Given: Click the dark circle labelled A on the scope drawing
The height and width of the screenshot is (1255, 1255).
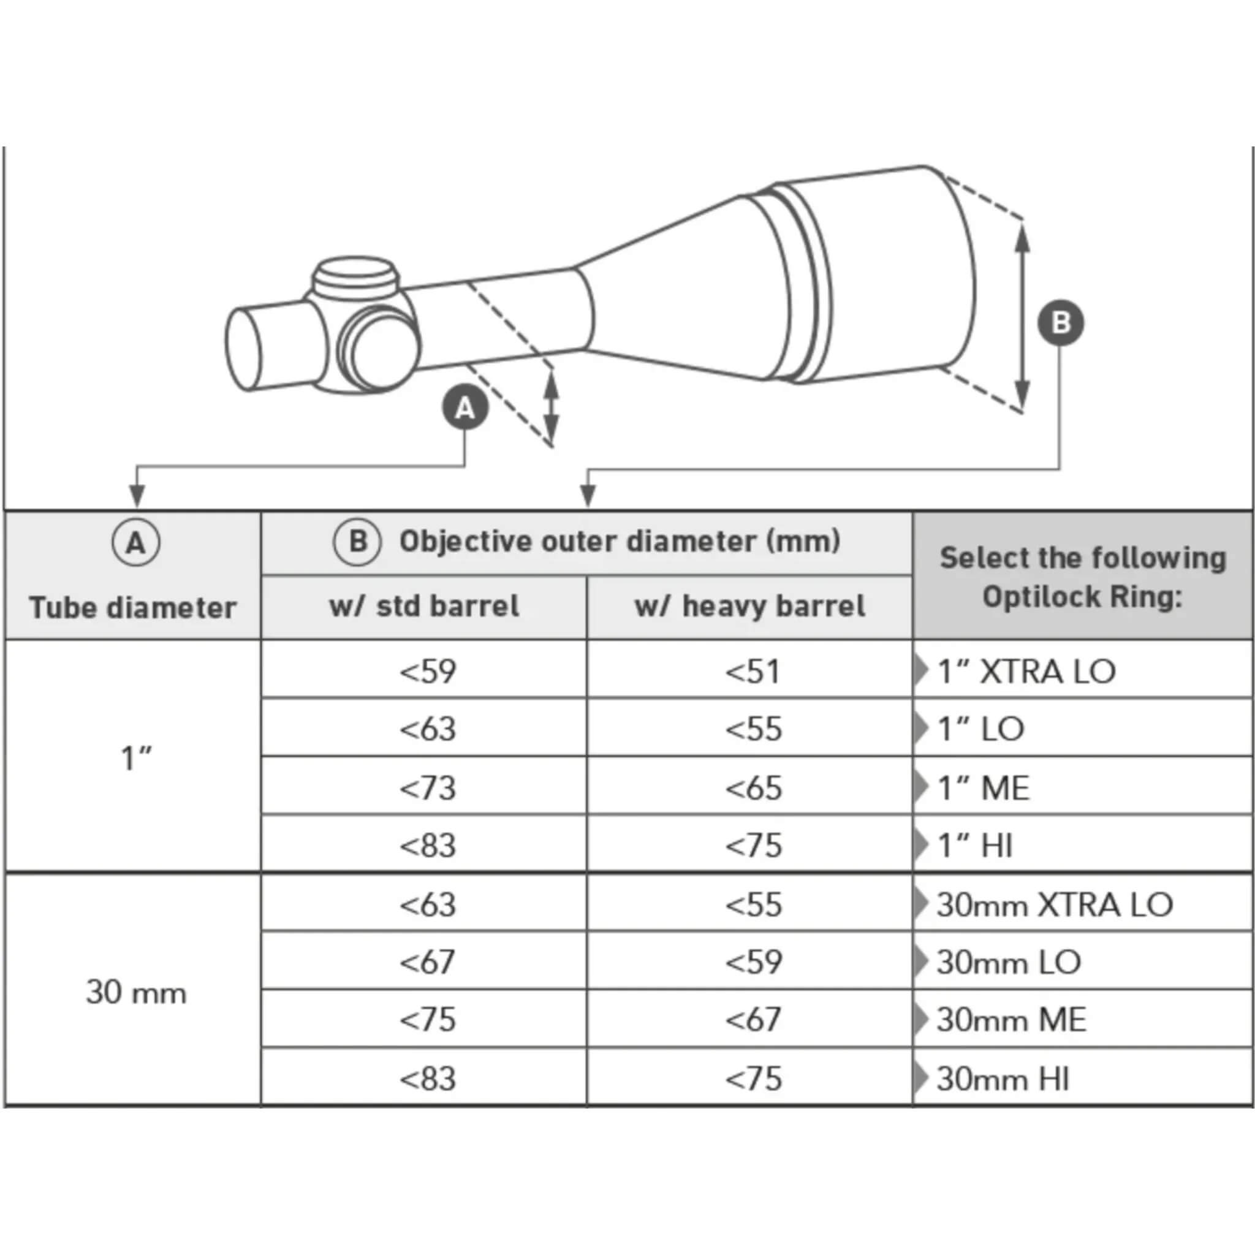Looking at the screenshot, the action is point(464,408).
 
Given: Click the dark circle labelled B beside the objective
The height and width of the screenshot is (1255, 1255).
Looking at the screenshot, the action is point(1060,323).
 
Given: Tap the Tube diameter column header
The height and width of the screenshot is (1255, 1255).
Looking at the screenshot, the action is point(133,608).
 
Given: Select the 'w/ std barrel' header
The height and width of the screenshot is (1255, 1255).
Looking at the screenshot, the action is point(424,606).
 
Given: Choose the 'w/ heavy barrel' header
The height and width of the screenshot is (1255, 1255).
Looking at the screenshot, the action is point(749,606).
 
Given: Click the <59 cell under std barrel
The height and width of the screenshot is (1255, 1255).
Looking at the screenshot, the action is point(428,671).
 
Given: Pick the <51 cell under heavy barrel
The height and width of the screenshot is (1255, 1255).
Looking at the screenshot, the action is point(753,671).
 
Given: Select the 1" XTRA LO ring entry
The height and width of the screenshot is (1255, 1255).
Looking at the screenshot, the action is point(1026,671).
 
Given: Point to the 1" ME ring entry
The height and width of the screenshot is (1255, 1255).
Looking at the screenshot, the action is point(984,788).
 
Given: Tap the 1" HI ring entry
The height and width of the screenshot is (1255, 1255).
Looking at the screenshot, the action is point(975,846).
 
